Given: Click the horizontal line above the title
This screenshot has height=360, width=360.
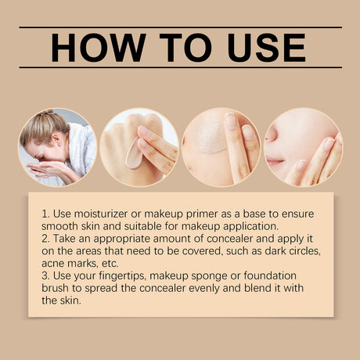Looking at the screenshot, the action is pyautogui.click(x=180, y=27).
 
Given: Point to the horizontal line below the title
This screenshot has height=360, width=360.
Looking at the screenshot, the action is pyautogui.click(x=180, y=67).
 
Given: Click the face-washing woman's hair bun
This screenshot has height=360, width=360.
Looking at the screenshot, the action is pyautogui.click(x=47, y=113).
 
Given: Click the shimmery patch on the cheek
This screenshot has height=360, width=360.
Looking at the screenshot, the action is pyautogui.click(x=209, y=135).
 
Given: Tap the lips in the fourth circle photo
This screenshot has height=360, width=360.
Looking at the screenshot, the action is pyautogui.click(x=274, y=162).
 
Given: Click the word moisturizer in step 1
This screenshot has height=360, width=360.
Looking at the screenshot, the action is pyautogui.click(x=101, y=214).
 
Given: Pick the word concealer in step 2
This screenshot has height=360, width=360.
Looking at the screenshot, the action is pyautogui.click(x=230, y=239).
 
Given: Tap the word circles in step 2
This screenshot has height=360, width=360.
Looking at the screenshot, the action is pyautogui.click(x=304, y=251).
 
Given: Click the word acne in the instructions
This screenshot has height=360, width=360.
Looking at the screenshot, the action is pyautogui.click(x=53, y=264).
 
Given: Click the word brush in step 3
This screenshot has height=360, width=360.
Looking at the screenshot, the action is pyautogui.click(x=54, y=288).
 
